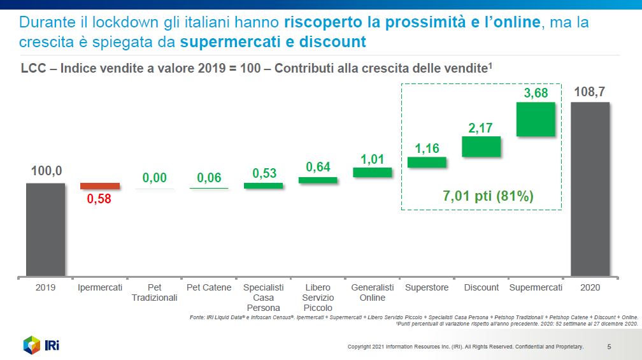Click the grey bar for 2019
pos(45,229)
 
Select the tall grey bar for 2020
pos(590,189)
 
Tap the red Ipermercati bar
pos(99,186)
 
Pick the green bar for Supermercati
pos(536,119)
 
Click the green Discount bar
pos(481,147)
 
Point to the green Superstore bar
pos(427,162)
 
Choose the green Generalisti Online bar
pos(373,172)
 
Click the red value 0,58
pos(99,199)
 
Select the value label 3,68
pos(536,93)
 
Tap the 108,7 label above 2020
pos(590,92)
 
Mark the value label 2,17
pos(481,128)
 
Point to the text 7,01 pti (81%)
pos(488,196)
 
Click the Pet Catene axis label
pos(209,287)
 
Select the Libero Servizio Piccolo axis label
pos(318,298)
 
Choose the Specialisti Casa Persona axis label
pos(264,298)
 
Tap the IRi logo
pos(41,345)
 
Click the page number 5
pos(610,347)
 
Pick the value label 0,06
pos(209,178)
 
